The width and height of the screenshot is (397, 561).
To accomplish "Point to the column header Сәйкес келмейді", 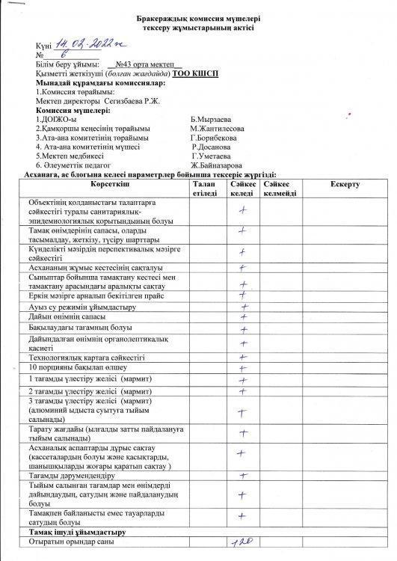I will pyautogui.click(x=280, y=188).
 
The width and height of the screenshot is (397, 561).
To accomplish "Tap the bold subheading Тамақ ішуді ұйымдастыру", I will pyautogui.click(x=77, y=531).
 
